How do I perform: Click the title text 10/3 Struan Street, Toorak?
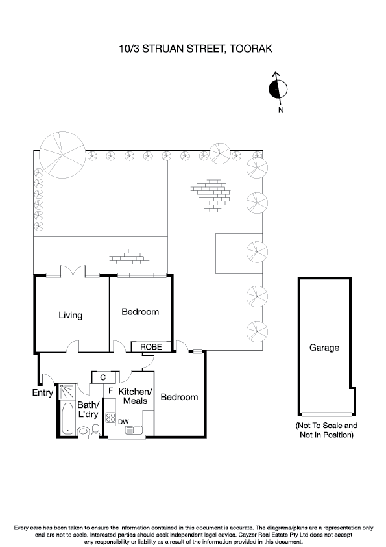point(193,49)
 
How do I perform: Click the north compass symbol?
point(278,90)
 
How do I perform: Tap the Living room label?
point(71,316)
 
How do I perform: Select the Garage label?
point(324,348)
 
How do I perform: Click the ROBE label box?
point(151,348)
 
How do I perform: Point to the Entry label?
point(43,392)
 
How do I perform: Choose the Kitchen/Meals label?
point(135,396)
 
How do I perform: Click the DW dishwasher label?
point(123,422)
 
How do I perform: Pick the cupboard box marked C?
point(103,377)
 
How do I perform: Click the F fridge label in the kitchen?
point(110,390)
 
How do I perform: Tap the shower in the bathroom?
point(66,392)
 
